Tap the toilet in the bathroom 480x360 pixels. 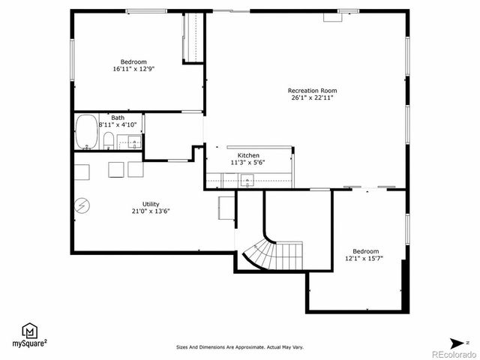(109, 140)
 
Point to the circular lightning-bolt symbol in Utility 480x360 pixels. (82, 205)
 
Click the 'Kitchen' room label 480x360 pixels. (248, 155)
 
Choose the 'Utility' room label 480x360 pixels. (151, 204)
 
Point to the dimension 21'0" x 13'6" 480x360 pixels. (151, 211)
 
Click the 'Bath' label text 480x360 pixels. (118, 118)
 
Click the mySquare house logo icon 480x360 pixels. (29, 331)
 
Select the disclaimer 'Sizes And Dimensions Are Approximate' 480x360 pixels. (240, 347)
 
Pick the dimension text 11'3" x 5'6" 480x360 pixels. (248, 163)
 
